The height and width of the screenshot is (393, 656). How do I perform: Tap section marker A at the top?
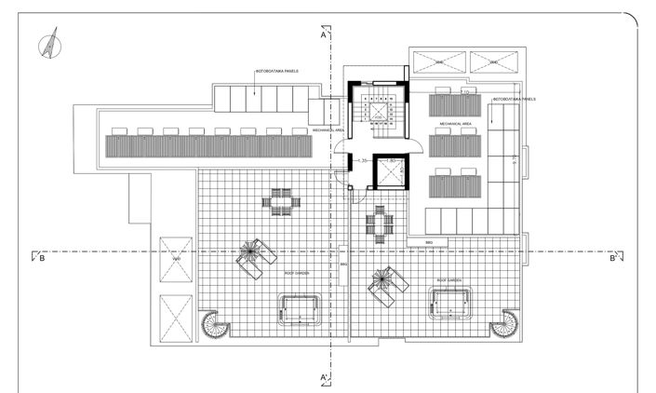pyautogui.click(x=323, y=37)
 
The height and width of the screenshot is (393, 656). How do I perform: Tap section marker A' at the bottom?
pyautogui.click(x=323, y=377)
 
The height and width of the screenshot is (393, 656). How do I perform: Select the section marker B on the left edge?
pyautogui.click(x=41, y=259)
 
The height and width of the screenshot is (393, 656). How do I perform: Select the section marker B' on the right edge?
pyautogui.click(x=613, y=259)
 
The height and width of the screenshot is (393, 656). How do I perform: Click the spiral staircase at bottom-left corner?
pyautogui.click(x=213, y=326)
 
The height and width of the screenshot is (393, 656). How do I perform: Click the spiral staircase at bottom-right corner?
pyautogui.click(x=504, y=325)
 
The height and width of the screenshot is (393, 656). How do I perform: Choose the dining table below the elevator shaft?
pyautogui.click(x=380, y=224)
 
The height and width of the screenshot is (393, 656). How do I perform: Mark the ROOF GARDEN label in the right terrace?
pyautogui.click(x=448, y=279)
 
